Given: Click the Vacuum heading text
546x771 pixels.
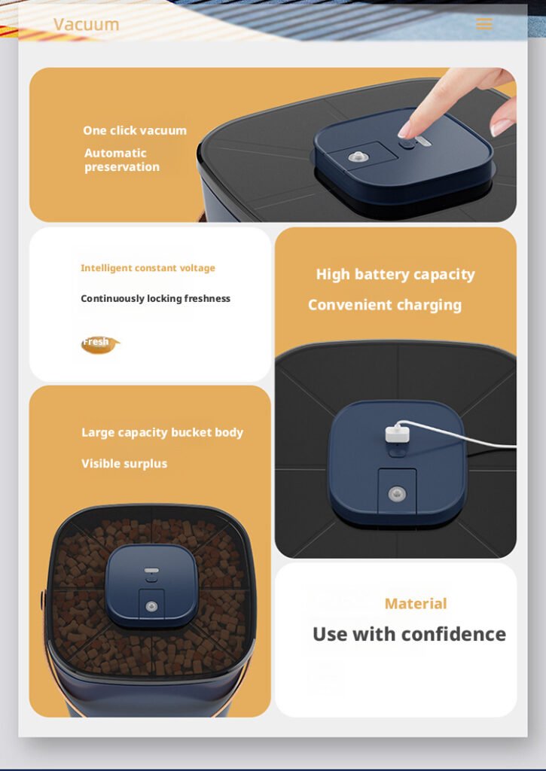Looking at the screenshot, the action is (86, 24).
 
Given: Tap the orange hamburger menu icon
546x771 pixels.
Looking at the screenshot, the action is (484, 23).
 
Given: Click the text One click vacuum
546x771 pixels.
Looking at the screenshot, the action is (135, 130).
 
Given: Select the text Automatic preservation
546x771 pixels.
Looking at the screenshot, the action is (122, 160).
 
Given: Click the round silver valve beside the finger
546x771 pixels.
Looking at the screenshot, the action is (358, 157).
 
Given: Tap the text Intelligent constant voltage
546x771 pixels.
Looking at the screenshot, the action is (148, 268).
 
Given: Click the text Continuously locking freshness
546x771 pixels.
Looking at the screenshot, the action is (155, 298).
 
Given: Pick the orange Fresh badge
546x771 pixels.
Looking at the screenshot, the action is (100, 344).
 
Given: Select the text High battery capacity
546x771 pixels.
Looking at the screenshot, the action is (395, 274).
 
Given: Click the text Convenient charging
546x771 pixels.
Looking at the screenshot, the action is (385, 305).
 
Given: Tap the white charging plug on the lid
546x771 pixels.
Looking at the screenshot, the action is (396, 433).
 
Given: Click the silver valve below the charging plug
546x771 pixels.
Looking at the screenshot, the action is (398, 494).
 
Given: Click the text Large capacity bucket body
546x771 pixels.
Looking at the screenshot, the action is (163, 432).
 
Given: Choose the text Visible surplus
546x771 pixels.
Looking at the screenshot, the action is (124, 464).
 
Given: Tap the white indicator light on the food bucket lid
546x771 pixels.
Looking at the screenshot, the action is (151, 571).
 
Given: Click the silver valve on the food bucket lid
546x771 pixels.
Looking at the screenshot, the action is (151, 607).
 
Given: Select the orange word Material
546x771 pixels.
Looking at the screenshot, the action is (416, 603).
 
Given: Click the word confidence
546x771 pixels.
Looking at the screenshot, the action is (457, 634).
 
